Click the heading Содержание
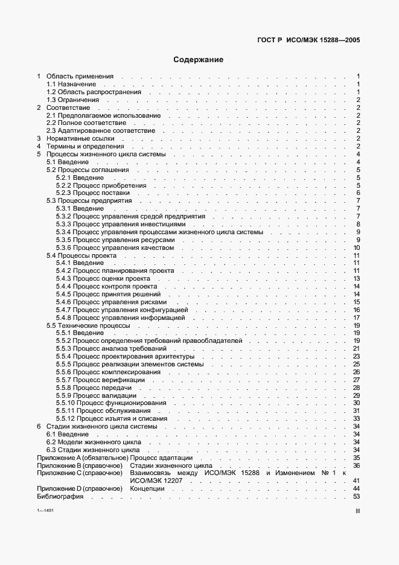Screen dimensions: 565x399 point(199,60)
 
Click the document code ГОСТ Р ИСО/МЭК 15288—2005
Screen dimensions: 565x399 point(308,40)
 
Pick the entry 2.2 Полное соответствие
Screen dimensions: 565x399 point(86,123)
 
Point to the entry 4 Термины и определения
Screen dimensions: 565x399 point(85,146)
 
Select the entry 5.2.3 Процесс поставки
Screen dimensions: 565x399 point(92,193)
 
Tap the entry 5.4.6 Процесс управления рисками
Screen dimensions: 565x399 point(111,302)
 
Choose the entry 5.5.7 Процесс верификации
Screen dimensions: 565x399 point(100,380)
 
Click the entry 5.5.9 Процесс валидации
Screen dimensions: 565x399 point(96,395)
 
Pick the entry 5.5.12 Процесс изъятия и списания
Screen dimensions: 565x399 point(112,418)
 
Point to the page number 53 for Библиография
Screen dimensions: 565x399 point(356,496)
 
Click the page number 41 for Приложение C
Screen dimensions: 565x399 point(356,480)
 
